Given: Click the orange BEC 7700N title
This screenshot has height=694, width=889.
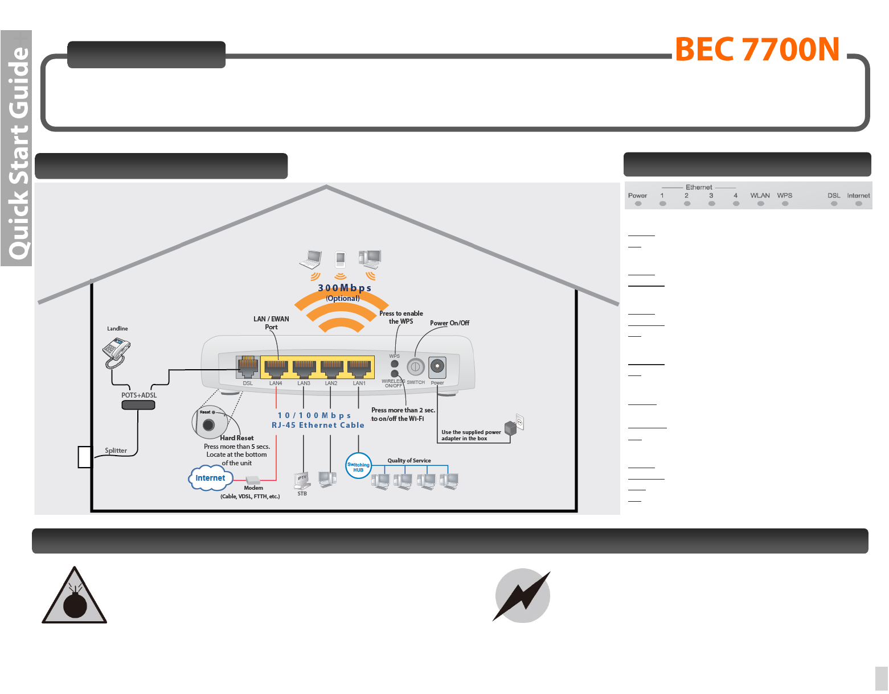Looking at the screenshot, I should [757, 49].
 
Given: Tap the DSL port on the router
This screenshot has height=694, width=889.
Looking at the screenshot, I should [248, 367].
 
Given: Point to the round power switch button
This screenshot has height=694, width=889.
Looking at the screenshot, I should [416, 367].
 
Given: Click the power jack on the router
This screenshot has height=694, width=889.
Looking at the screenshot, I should [437, 367].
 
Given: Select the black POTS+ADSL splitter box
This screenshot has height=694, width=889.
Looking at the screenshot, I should [138, 405].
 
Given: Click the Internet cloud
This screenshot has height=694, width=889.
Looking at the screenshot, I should [210, 478].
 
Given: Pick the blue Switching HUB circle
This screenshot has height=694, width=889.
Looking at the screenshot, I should [358, 466].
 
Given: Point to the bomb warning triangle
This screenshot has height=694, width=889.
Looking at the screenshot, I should [75, 597].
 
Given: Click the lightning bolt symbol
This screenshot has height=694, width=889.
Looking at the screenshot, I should [522, 596].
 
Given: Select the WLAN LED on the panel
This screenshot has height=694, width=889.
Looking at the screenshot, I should [760, 203].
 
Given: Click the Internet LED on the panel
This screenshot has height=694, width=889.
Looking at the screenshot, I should [858, 203].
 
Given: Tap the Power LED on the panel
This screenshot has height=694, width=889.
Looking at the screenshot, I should [638, 203].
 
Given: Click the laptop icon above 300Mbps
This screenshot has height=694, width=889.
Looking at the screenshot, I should [312, 259].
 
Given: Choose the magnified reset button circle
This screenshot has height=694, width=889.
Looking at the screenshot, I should [209, 423].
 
